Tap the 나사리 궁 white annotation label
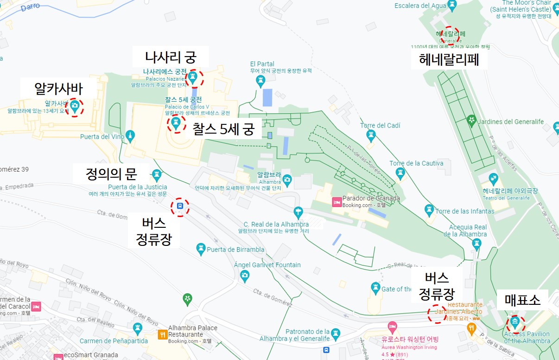tap(171, 58)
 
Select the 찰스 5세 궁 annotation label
tap(223, 129)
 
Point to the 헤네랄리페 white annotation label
tap(448, 59)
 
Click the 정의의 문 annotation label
tap(111, 174)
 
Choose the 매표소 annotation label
tap(522, 300)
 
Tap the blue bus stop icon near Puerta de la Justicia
tap(180, 206)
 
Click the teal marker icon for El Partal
tap(260, 81)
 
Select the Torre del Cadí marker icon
tap(371, 135)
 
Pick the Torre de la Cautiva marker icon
tap(400, 174)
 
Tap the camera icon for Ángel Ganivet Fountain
tap(245, 276)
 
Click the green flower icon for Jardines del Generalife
tap(471, 121)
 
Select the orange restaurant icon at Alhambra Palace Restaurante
tap(162, 334)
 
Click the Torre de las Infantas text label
tap(464, 212)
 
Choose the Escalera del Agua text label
tap(419, 6)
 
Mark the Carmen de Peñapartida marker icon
tap(137, 328)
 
